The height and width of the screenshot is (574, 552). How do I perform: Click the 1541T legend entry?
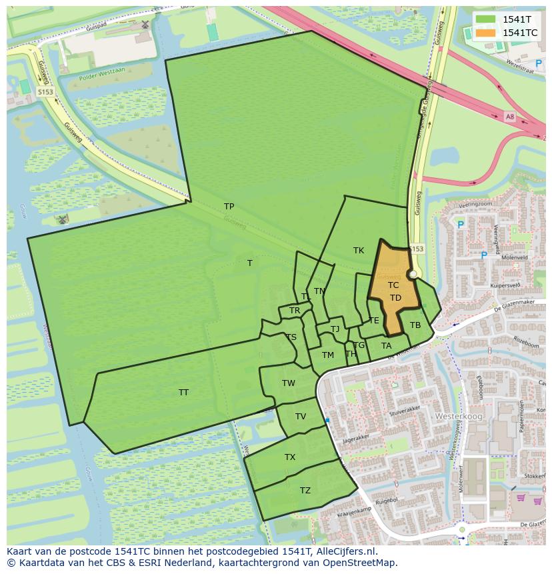[517, 19]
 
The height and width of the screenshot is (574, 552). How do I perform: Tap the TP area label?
[229, 206]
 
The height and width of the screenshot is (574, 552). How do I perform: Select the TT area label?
[183, 392]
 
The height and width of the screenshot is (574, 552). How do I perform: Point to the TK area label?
[359, 250]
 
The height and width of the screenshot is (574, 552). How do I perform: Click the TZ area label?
[305, 490]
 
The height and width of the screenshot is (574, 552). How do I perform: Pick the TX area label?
[290, 457]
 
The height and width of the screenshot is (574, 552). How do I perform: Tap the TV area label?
[301, 416]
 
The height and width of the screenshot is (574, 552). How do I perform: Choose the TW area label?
[288, 383]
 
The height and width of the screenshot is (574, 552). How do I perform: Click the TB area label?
[415, 325]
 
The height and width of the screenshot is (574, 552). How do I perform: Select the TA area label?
[386, 345]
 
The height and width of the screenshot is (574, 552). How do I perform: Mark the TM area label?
[327, 355]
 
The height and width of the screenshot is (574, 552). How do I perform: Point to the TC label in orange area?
[393, 285]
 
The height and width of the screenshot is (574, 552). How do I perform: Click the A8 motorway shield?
[510, 117]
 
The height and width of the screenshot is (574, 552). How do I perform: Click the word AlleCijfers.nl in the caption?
[344, 551]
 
